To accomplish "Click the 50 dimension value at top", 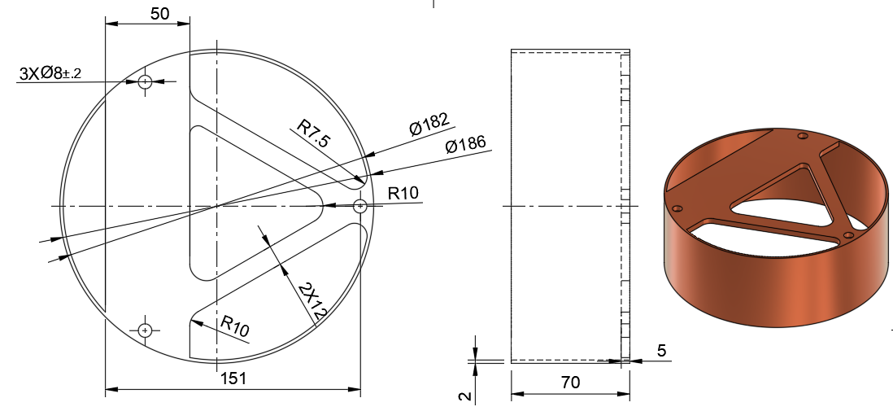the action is click(160, 14).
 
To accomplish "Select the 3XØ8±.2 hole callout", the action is click(50, 73).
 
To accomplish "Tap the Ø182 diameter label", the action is click(429, 125).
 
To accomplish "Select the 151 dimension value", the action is click(233, 378).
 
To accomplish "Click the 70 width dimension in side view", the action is click(570, 383).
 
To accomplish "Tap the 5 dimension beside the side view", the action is click(661, 351).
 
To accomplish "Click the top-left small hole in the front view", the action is click(146, 81).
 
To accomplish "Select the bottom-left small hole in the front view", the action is click(146, 330).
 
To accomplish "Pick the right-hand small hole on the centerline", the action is click(361, 207).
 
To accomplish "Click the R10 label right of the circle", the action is click(403, 194).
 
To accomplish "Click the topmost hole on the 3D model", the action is click(802, 136).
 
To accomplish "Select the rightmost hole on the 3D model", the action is click(848, 235).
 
